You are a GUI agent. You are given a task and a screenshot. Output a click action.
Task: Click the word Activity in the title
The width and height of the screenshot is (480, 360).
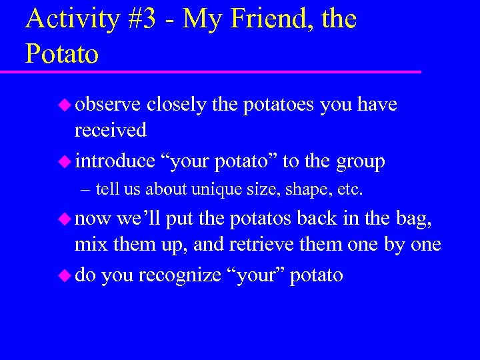(71, 21)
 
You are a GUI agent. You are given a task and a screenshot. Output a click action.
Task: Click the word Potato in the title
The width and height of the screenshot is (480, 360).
(62, 54)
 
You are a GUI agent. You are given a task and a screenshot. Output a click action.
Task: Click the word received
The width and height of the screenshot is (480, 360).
(111, 129)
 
